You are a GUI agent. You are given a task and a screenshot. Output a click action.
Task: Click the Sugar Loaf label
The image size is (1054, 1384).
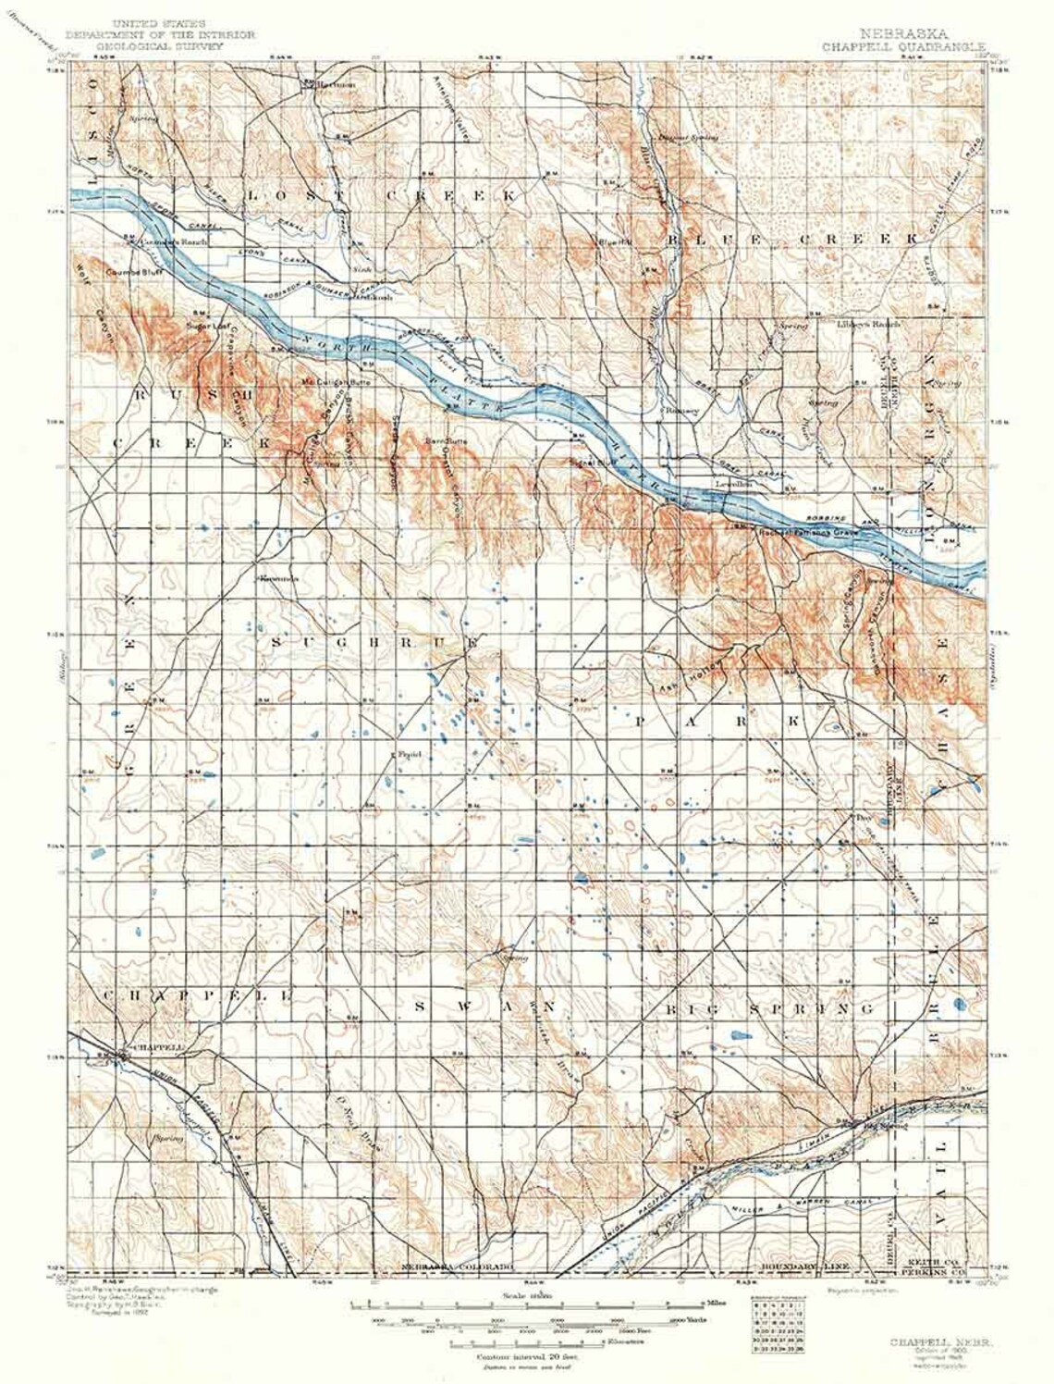pos(206,326)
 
